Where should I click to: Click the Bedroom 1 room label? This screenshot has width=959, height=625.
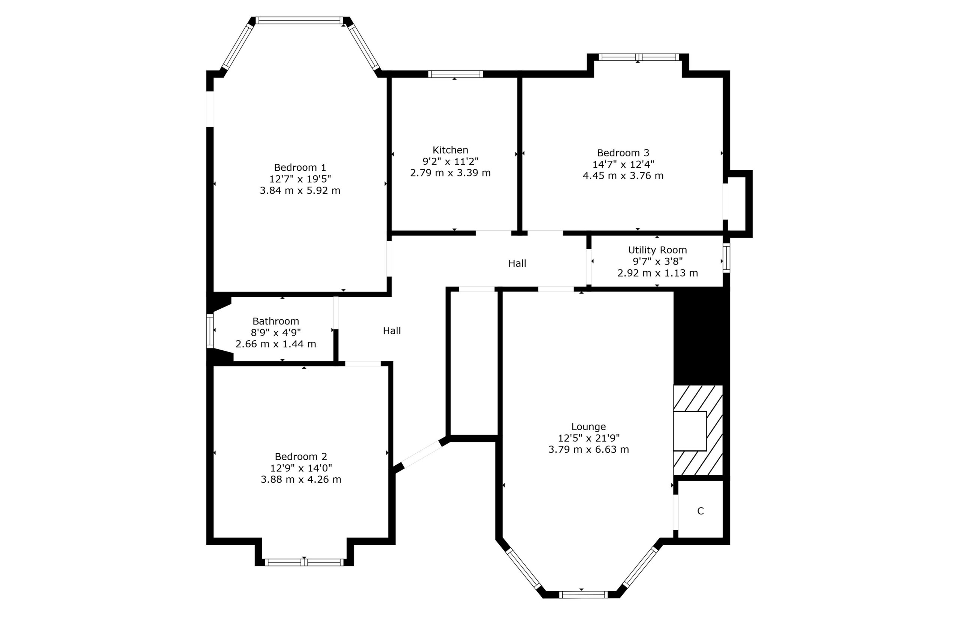click(300, 167)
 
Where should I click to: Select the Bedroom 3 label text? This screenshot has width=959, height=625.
click(623, 153)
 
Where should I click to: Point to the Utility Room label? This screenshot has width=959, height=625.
click(657, 250)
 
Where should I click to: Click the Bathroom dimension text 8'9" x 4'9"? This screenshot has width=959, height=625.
click(276, 332)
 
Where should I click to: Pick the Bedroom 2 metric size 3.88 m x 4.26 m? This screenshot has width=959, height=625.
click(300, 480)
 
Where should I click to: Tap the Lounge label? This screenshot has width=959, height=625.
click(588, 426)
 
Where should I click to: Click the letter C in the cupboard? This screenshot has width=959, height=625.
click(700, 511)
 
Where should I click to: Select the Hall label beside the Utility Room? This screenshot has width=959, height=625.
click(517, 263)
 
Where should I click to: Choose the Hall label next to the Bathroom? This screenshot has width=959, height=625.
click(392, 331)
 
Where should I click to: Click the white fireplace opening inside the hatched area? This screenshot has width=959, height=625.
click(689, 431)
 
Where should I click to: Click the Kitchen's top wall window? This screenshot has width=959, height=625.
click(455, 74)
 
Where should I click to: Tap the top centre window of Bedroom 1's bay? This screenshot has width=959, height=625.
click(299, 21)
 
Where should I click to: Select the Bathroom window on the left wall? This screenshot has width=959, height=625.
click(209, 331)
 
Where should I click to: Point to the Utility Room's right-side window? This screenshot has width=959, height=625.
click(726, 258)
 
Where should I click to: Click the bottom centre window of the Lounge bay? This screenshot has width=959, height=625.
click(583, 594)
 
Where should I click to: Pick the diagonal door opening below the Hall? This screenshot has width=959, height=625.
click(421, 455)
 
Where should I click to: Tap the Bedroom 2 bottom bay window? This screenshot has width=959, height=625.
click(304, 562)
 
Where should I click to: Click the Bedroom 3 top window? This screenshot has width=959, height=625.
click(639, 57)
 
